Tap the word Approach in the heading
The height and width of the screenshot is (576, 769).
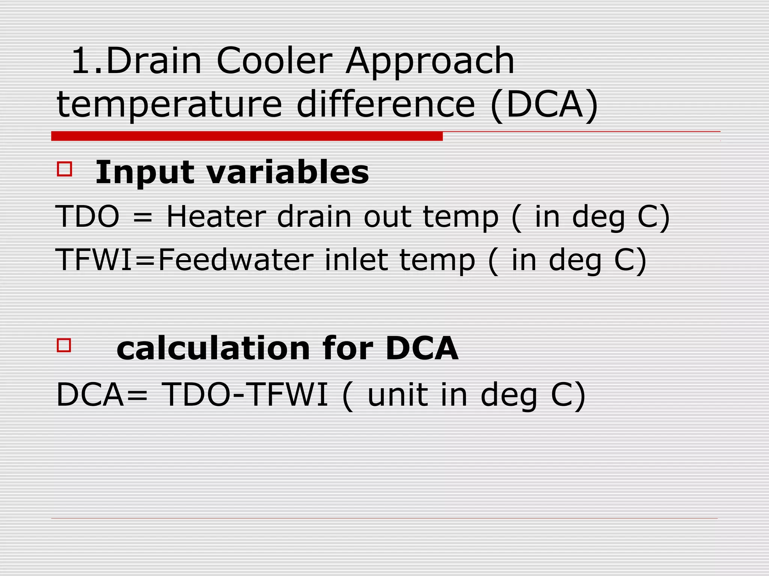tap(430, 62)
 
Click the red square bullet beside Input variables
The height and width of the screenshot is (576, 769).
tap(64, 169)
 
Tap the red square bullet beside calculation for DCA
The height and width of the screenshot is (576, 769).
tap(64, 345)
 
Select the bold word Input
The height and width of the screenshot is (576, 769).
tap(145, 173)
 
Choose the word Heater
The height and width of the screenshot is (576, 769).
tap(216, 217)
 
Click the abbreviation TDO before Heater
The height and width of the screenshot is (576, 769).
tap(87, 217)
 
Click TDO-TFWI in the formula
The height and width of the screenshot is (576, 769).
tap(246, 394)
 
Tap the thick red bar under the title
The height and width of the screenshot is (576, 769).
tap(247, 136)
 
